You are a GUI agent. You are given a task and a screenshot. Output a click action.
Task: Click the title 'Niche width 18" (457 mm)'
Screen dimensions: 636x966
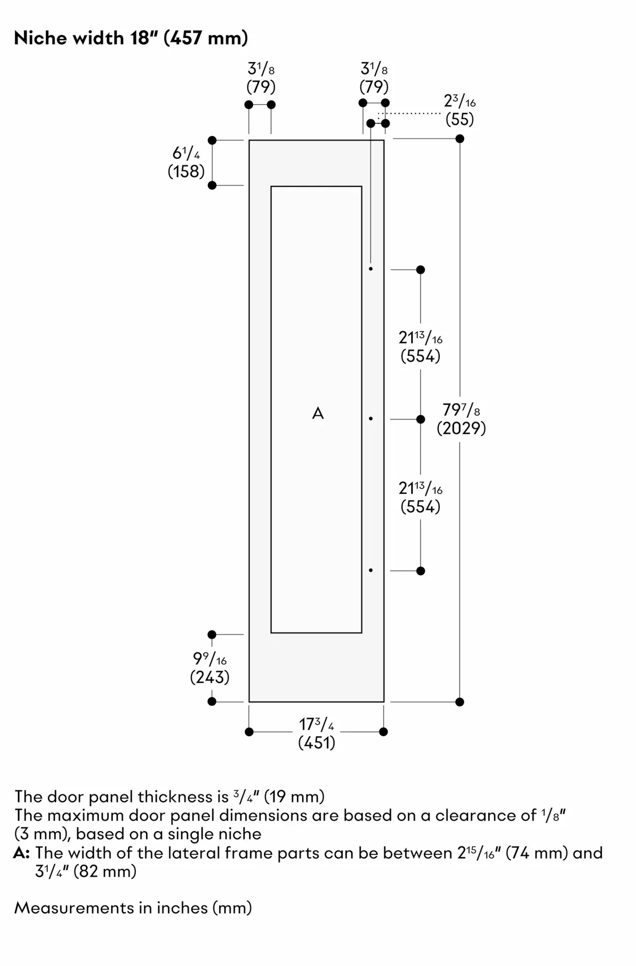point(131,38)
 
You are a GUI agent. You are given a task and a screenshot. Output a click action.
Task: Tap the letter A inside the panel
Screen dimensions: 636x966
point(318,413)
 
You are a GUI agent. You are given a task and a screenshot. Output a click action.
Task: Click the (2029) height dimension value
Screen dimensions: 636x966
point(461,428)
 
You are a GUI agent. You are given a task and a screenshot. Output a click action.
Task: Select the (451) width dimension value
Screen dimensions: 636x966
point(317,742)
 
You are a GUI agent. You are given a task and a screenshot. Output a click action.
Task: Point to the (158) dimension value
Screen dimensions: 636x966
point(186,171)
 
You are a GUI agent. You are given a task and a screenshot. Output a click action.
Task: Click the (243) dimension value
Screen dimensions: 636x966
point(209,677)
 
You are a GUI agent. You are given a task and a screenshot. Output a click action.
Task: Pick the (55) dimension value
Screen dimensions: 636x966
point(460,119)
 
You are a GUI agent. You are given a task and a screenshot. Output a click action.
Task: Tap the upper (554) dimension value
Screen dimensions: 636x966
point(420,356)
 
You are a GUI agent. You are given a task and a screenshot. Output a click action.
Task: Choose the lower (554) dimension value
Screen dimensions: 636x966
point(420,507)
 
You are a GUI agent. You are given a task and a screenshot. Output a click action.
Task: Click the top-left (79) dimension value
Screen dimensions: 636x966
point(261,87)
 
